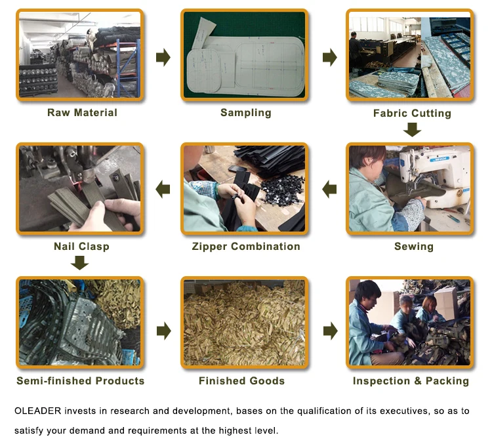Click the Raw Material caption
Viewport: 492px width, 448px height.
82,113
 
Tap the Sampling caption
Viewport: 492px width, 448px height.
246,113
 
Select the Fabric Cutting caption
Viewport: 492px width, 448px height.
413,113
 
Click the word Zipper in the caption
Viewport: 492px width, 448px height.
209,247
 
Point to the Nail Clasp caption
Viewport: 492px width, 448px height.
81,247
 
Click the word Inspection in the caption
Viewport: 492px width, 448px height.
381,381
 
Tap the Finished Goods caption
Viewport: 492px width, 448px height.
241,381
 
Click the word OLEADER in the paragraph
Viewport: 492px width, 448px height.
37,411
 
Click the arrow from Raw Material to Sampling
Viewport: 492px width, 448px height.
163,57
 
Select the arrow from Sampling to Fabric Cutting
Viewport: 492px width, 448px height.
330,57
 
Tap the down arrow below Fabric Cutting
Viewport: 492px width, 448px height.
413,130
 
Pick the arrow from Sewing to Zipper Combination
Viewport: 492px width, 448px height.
329,189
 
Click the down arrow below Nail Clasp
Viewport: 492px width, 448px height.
79,263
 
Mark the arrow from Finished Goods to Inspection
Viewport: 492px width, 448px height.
331,331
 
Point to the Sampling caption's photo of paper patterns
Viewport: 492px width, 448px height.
245,55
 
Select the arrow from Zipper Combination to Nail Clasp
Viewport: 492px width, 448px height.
163,189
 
